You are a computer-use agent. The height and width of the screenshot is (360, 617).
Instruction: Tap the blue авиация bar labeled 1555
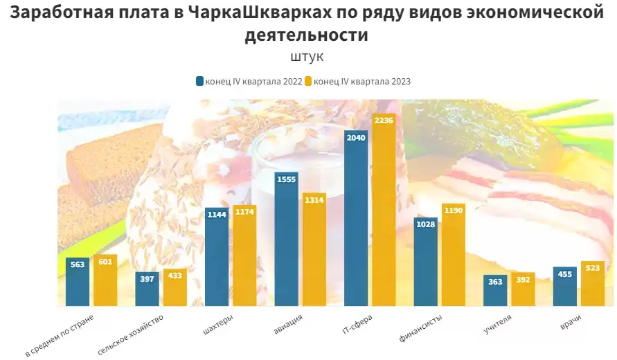pyautogui.click(x=286, y=239)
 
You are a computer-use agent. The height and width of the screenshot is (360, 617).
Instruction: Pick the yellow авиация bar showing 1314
pyautogui.click(x=314, y=249)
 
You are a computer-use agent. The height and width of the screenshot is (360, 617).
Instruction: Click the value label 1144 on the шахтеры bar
pyautogui.click(x=217, y=215)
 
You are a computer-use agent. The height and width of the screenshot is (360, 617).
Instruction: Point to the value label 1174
pyautogui.click(x=244, y=212)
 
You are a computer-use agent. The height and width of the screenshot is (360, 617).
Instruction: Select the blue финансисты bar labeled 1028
pyautogui.click(x=425, y=262)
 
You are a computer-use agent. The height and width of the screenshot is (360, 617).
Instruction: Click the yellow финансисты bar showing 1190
pyautogui.click(x=454, y=255)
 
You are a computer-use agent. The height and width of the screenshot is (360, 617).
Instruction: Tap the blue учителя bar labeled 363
pyautogui.click(x=495, y=291)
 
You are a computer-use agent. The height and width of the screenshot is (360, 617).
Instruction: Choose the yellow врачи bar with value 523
pyautogui.click(x=593, y=284)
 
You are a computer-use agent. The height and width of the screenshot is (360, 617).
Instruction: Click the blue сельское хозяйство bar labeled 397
pyautogui.click(x=147, y=289)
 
